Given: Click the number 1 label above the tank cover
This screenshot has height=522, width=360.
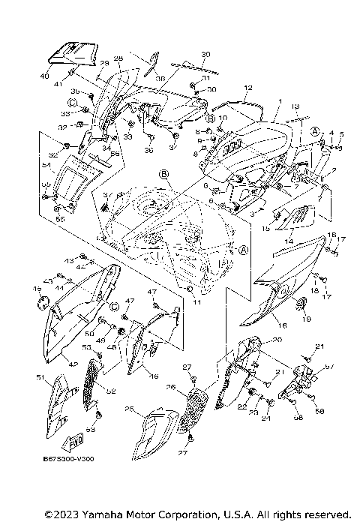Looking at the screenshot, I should coord(280,100).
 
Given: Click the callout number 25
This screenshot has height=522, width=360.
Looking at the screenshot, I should coord(129,409).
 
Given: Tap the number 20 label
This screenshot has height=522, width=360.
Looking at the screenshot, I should coord(277,340).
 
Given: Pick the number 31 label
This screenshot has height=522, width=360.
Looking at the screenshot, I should coord(205,78).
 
